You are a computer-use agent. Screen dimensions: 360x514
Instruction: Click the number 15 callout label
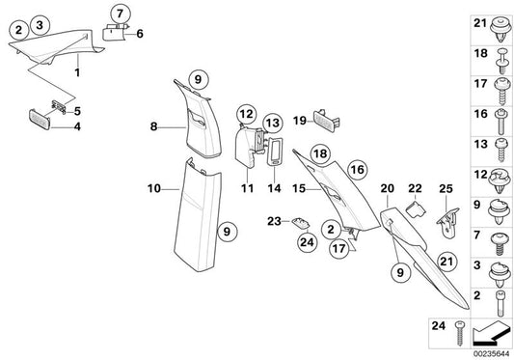[x=298, y=187]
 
